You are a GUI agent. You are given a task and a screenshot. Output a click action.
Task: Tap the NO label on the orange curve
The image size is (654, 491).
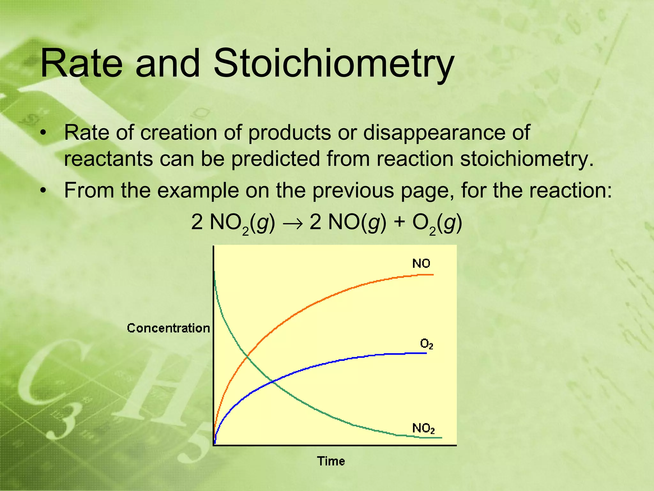tap(421, 264)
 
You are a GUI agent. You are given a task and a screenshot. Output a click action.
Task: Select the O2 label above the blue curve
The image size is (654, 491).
tap(426, 344)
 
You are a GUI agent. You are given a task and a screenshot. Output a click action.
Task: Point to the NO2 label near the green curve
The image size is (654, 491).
tap(423, 428)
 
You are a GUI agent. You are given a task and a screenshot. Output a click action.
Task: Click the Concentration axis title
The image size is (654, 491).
tap(168, 328)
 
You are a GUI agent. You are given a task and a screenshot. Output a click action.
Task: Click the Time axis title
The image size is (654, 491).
tap(331, 461)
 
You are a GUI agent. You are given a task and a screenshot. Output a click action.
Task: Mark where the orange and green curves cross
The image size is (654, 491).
tap(247, 356)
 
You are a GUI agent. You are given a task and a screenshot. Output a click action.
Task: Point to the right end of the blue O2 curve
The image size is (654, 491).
tap(426, 353)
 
